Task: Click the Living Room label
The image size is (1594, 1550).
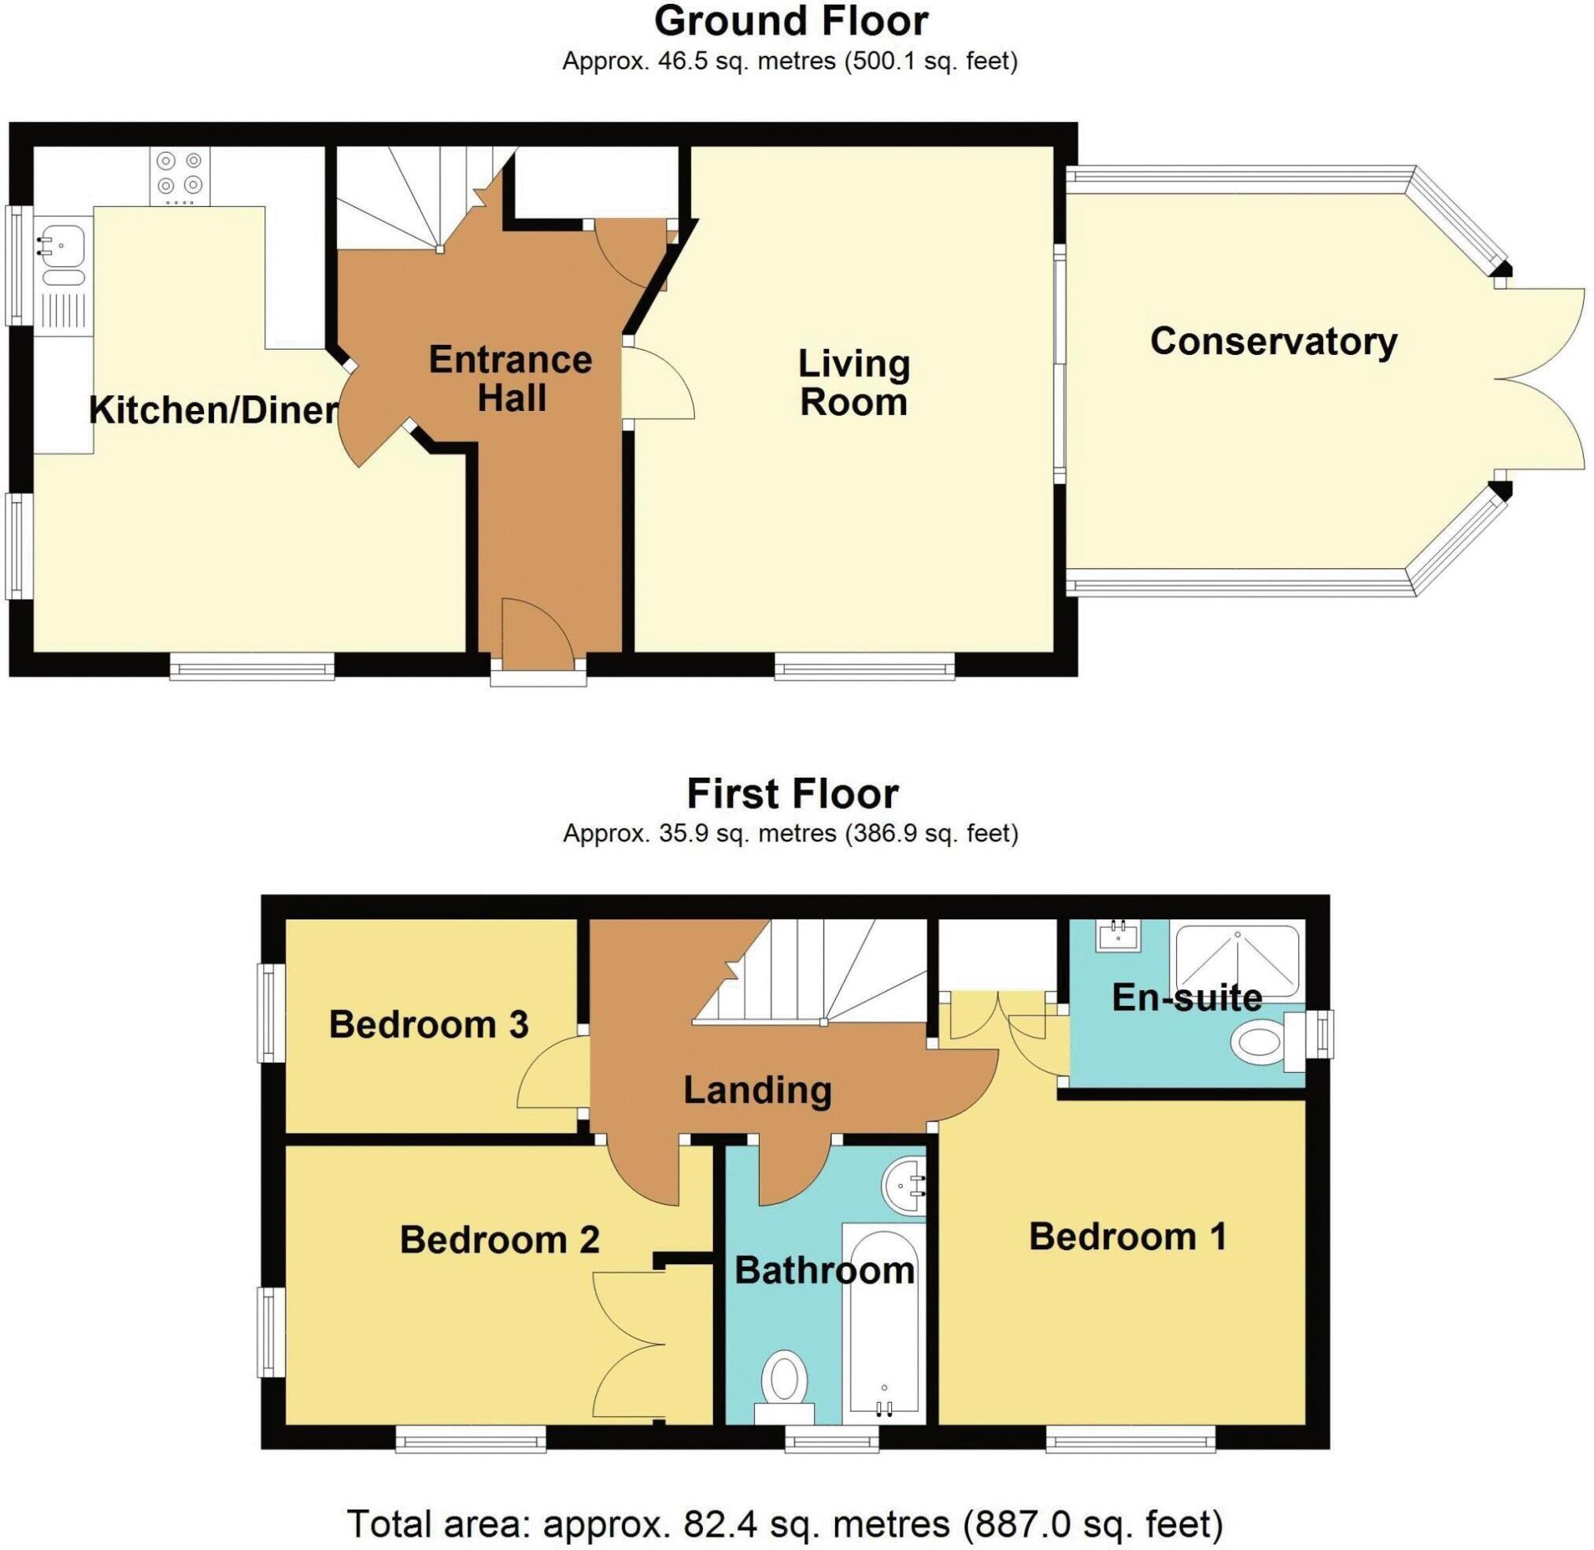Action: coord(853,383)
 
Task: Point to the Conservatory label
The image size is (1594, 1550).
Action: coord(1274,341)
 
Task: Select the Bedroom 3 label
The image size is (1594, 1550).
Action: coord(428,1024)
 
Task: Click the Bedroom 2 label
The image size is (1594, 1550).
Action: coord(499,1240)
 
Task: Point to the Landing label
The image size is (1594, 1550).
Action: coord(757,1090)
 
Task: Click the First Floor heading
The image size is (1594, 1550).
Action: coord(792,793)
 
